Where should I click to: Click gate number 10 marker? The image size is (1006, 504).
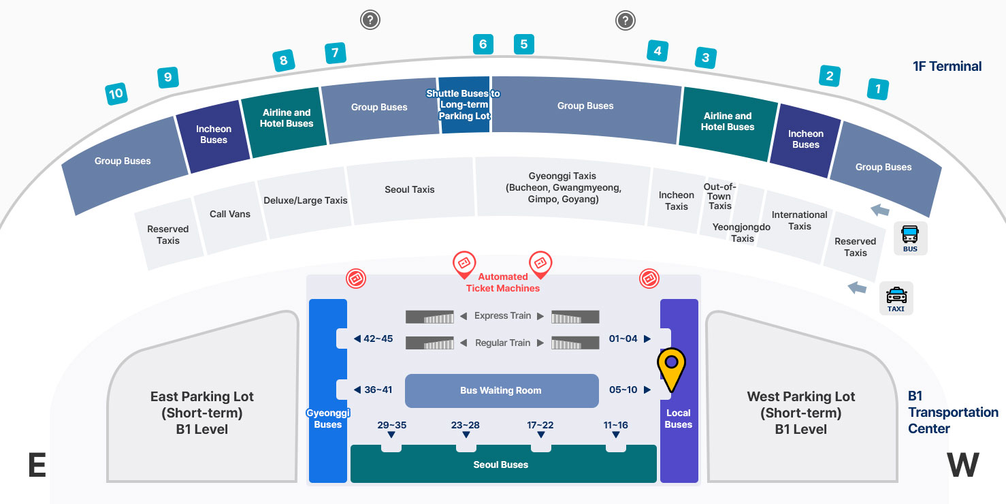(116, 93)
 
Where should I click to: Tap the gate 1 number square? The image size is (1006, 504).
(878, 89)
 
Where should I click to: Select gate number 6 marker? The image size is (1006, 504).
(483, 44)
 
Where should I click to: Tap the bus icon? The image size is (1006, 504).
(910, 238)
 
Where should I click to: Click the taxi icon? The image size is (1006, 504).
(896, 298)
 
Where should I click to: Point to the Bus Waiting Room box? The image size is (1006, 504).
(501, 390)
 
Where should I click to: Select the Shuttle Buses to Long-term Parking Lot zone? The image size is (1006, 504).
(464, 104)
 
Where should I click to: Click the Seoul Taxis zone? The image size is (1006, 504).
(410, 189)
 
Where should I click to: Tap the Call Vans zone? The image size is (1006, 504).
(230, 214)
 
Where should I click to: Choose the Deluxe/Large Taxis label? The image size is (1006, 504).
(306, 200)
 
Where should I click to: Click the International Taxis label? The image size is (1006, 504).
(800, 220)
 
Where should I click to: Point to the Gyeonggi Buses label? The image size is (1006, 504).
(327, 418)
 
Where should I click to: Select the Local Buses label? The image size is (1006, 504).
(679, 418)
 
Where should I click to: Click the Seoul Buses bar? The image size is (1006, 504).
(501, 464)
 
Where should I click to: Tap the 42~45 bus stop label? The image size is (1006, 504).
(378, 338)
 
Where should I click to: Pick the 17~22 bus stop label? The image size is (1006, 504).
(540, 425)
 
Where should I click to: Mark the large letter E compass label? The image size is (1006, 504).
(37, 466)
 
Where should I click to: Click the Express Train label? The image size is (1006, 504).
(502, 315)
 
